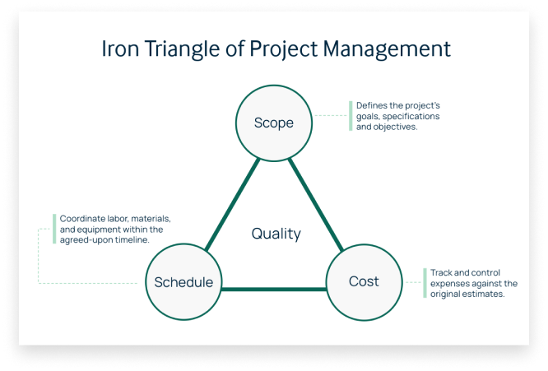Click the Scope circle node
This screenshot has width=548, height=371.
tap(273, 123)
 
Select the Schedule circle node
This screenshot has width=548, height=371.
tap(183, 282)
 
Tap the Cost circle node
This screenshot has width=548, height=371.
tap(363, 281)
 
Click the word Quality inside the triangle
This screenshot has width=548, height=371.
tap(276, 234)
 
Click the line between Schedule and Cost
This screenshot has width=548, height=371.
tap(273, 289)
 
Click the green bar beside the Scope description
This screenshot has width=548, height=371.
tap(351, 117)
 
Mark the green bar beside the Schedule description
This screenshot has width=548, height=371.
tap(53, 230)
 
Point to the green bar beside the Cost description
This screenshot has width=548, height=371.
tap(423, 283)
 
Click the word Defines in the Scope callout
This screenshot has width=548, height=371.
tap(371, 106)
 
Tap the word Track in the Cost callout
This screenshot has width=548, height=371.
tap(441, 272)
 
